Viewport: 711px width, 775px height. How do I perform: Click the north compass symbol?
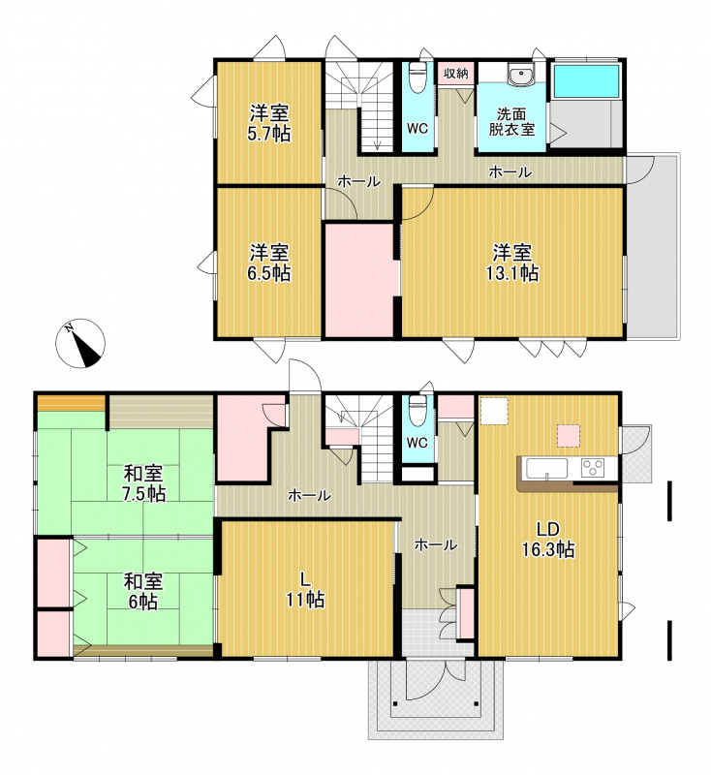click(x=79, y=343)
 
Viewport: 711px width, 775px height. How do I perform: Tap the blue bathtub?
click(x=586, y=80)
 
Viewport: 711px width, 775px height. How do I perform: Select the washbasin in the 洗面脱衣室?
click(x=520, y=75)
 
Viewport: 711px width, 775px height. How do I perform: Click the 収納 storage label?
click(x=455, y=74)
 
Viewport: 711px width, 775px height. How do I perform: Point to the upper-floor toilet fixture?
click(x=418, y=76)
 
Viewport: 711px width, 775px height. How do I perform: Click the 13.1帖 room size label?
click(x=512, y=273)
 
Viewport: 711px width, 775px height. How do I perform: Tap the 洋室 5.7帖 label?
click(x=269, y=124)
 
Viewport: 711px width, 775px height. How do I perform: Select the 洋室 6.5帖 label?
click(x=269, y=263)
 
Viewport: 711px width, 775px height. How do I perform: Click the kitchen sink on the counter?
click(x=546, y=468)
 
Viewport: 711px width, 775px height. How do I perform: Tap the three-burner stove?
click(x=593, y=468)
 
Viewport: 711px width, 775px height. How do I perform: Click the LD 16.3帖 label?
click(x=548, y=539)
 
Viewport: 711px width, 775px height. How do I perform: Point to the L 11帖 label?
click(x=305, y=589)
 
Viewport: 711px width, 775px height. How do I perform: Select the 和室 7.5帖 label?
click(x=144, y=483)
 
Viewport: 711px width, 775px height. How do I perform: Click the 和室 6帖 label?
click(x=143, y=591)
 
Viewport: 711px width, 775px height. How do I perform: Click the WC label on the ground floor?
click(x=417, y=443)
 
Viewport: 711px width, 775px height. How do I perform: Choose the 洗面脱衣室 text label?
click(x=511, y=122)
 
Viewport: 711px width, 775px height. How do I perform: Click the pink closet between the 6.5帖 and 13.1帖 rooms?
click(x=359, y=280)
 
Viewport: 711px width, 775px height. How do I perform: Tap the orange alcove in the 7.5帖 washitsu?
click(x=72, y=403)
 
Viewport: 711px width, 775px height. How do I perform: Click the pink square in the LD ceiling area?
click(x=569, y=435)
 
